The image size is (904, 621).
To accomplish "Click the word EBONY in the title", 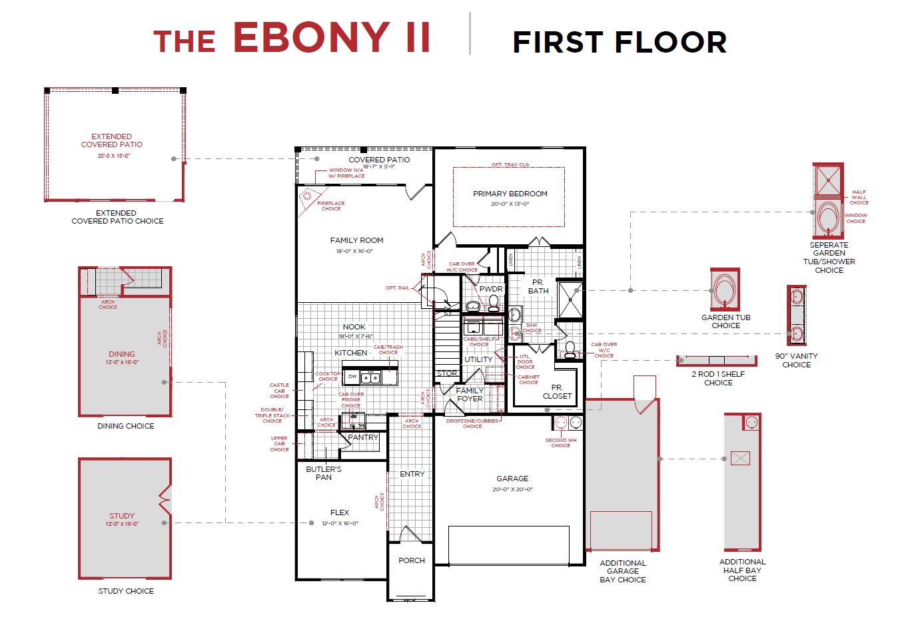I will (311, 37).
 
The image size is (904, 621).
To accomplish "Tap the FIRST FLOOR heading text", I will (619, 43).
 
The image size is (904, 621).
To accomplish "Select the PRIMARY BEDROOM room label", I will (510, 194).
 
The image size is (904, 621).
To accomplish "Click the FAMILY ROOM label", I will (356, 240).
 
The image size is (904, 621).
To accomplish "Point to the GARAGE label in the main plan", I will (512, 479).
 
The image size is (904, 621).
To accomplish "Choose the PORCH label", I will (411, 560).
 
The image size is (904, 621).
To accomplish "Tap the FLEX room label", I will (340, 513).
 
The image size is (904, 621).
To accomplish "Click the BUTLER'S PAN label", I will (324, 473).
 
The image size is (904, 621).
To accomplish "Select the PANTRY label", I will (363, 437).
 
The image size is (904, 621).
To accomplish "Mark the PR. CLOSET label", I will (557, 391).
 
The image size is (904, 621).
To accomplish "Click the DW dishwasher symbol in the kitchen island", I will (352, 377).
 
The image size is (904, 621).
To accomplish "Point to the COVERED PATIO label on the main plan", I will (379, 160).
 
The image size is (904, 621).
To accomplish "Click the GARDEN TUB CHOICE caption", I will (725, 321).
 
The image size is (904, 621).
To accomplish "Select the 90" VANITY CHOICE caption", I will (796, 360).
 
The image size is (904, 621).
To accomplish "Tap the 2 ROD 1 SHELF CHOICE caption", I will (718, 378).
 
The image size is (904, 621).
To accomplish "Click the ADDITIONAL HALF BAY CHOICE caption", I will (742, 570).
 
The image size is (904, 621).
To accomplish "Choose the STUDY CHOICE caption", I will (126, 591).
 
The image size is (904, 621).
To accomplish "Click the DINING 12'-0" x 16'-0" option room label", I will (122, 357).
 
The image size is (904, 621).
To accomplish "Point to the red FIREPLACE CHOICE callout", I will (330, 206).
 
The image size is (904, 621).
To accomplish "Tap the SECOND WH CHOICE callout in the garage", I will (561, 443).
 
